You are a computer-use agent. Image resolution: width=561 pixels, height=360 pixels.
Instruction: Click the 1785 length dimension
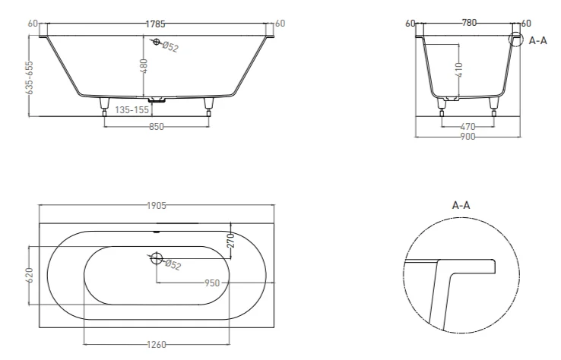coord(157,24)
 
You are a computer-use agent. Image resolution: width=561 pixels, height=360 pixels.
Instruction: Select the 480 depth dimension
coord(143,65)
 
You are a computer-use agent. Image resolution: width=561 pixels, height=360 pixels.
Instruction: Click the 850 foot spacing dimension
coord(157,127)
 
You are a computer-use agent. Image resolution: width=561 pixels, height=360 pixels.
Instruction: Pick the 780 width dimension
coord(469,23)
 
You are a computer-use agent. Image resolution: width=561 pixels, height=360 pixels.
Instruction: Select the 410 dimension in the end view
coord(458,70)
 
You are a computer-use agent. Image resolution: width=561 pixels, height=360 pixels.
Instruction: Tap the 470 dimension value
coord(468,127)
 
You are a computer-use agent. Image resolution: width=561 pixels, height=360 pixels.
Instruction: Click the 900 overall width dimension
coord(467,137)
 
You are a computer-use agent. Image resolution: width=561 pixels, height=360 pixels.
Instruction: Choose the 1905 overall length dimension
coord(157,205)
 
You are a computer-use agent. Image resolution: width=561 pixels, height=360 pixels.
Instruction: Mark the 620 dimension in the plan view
coord(30,276)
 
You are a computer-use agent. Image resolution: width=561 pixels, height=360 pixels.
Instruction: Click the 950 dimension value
coord(212,283)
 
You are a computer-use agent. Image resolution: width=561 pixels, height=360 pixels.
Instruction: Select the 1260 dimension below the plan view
coord(156,346)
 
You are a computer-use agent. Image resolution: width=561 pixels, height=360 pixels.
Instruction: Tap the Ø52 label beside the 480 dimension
coord(170,47)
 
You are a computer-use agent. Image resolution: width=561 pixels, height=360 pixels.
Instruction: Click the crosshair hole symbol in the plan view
coord(157,258)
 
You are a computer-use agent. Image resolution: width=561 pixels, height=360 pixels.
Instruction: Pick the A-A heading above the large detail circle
coord(461,205)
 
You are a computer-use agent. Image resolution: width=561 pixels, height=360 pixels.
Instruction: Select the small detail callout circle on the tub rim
coord(517,39)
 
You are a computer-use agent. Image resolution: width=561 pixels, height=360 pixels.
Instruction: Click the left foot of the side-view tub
coord(105,106)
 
